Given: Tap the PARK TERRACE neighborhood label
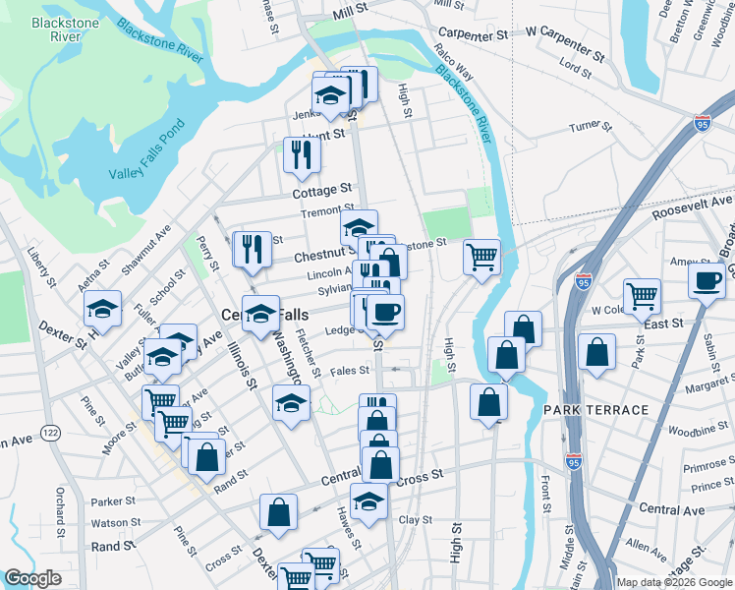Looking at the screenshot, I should click(597, 409).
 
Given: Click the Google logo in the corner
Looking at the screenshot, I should click(32, 578).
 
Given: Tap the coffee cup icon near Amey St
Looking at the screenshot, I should click(707, 280).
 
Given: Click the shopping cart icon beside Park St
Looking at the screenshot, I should click(642, 295).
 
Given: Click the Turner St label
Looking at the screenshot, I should click(590, 126).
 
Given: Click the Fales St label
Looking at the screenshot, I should click(349, 371).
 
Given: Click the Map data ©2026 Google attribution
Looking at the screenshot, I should click(673, 582).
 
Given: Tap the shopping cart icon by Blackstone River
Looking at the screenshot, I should click(481, 259).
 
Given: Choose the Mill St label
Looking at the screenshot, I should click(349, 8).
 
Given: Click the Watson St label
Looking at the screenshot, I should click(111, 522).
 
